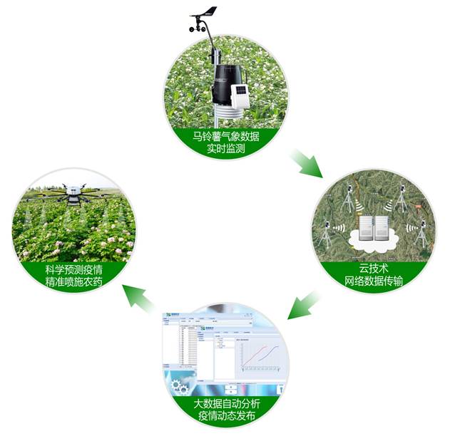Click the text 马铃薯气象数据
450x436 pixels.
(x=225, y=135)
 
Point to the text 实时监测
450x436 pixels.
(x=225, y=149)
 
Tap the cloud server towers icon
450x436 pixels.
(x=370, y=229)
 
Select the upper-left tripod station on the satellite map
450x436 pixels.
(x=349, y=199)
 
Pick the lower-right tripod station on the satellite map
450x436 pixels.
(x=421, y=232)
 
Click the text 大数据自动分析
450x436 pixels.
(x=224, y=403)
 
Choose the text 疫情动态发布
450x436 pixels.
(x=224, y=416)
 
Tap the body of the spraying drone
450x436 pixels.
(x=73, y=191)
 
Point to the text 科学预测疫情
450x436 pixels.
(x=73, y=269)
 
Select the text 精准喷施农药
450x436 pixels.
(x=73, y=282)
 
